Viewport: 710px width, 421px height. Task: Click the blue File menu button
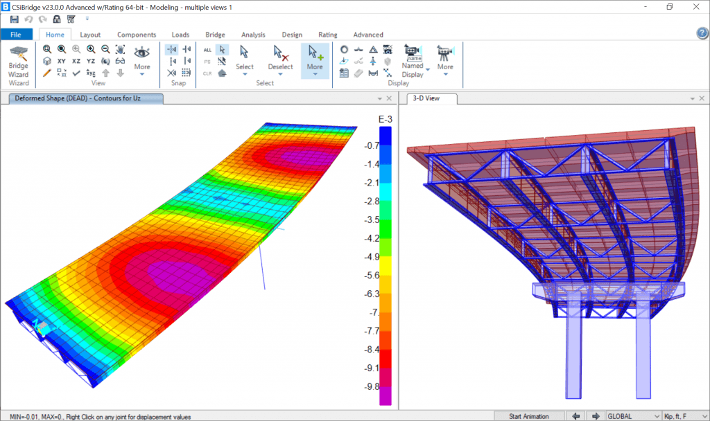pos(17,35)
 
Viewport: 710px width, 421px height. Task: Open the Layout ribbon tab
pos(90,35)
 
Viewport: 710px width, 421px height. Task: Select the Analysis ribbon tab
pos(253,35)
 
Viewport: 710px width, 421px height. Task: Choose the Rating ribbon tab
pos(328,35)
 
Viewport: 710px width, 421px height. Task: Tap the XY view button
pos(62,61)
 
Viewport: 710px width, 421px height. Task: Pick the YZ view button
pos(91,61)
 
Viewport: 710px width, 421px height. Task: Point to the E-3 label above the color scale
pos(386,120)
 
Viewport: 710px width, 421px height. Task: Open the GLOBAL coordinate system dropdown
pos(633,416)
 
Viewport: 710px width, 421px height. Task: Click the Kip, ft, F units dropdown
pos(684,416)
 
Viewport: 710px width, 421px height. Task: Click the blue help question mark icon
pos(702,34)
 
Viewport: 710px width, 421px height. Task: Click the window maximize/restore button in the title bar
pos(670,7)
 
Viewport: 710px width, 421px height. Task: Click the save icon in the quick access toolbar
pos(15,19)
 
